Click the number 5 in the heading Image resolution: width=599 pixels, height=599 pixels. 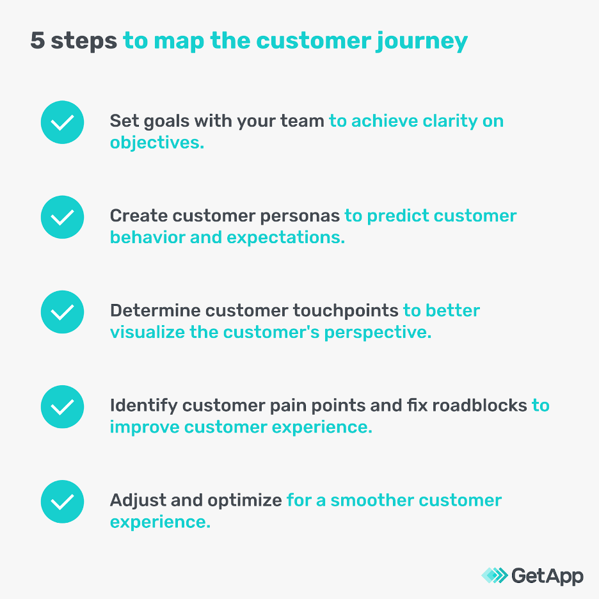coord(38,41)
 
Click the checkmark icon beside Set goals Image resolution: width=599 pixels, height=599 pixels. coord(62,122)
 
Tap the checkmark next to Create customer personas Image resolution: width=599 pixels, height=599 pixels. coord(62,217)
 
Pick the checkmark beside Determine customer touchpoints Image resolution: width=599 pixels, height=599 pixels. coord(62,312)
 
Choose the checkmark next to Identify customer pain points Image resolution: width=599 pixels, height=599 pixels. coord(62,406)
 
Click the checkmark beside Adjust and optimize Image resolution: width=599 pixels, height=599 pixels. coord(62,501)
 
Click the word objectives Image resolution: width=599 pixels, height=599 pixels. coord(157,142)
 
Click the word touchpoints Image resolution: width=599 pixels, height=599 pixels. coord(346,311)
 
